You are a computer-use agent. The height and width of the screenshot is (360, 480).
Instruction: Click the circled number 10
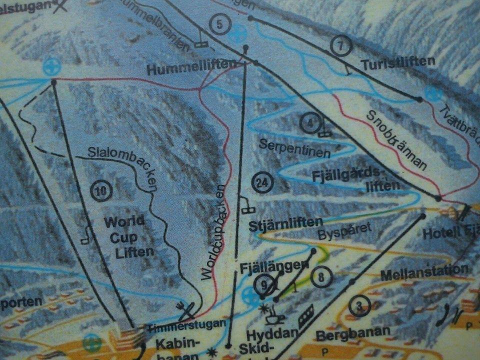101,190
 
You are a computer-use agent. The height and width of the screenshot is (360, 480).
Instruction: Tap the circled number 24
261,183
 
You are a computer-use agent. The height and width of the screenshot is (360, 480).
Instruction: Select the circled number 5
220,24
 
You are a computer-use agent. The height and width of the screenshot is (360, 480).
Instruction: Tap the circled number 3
359,306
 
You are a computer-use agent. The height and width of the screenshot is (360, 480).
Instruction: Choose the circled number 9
264,284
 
